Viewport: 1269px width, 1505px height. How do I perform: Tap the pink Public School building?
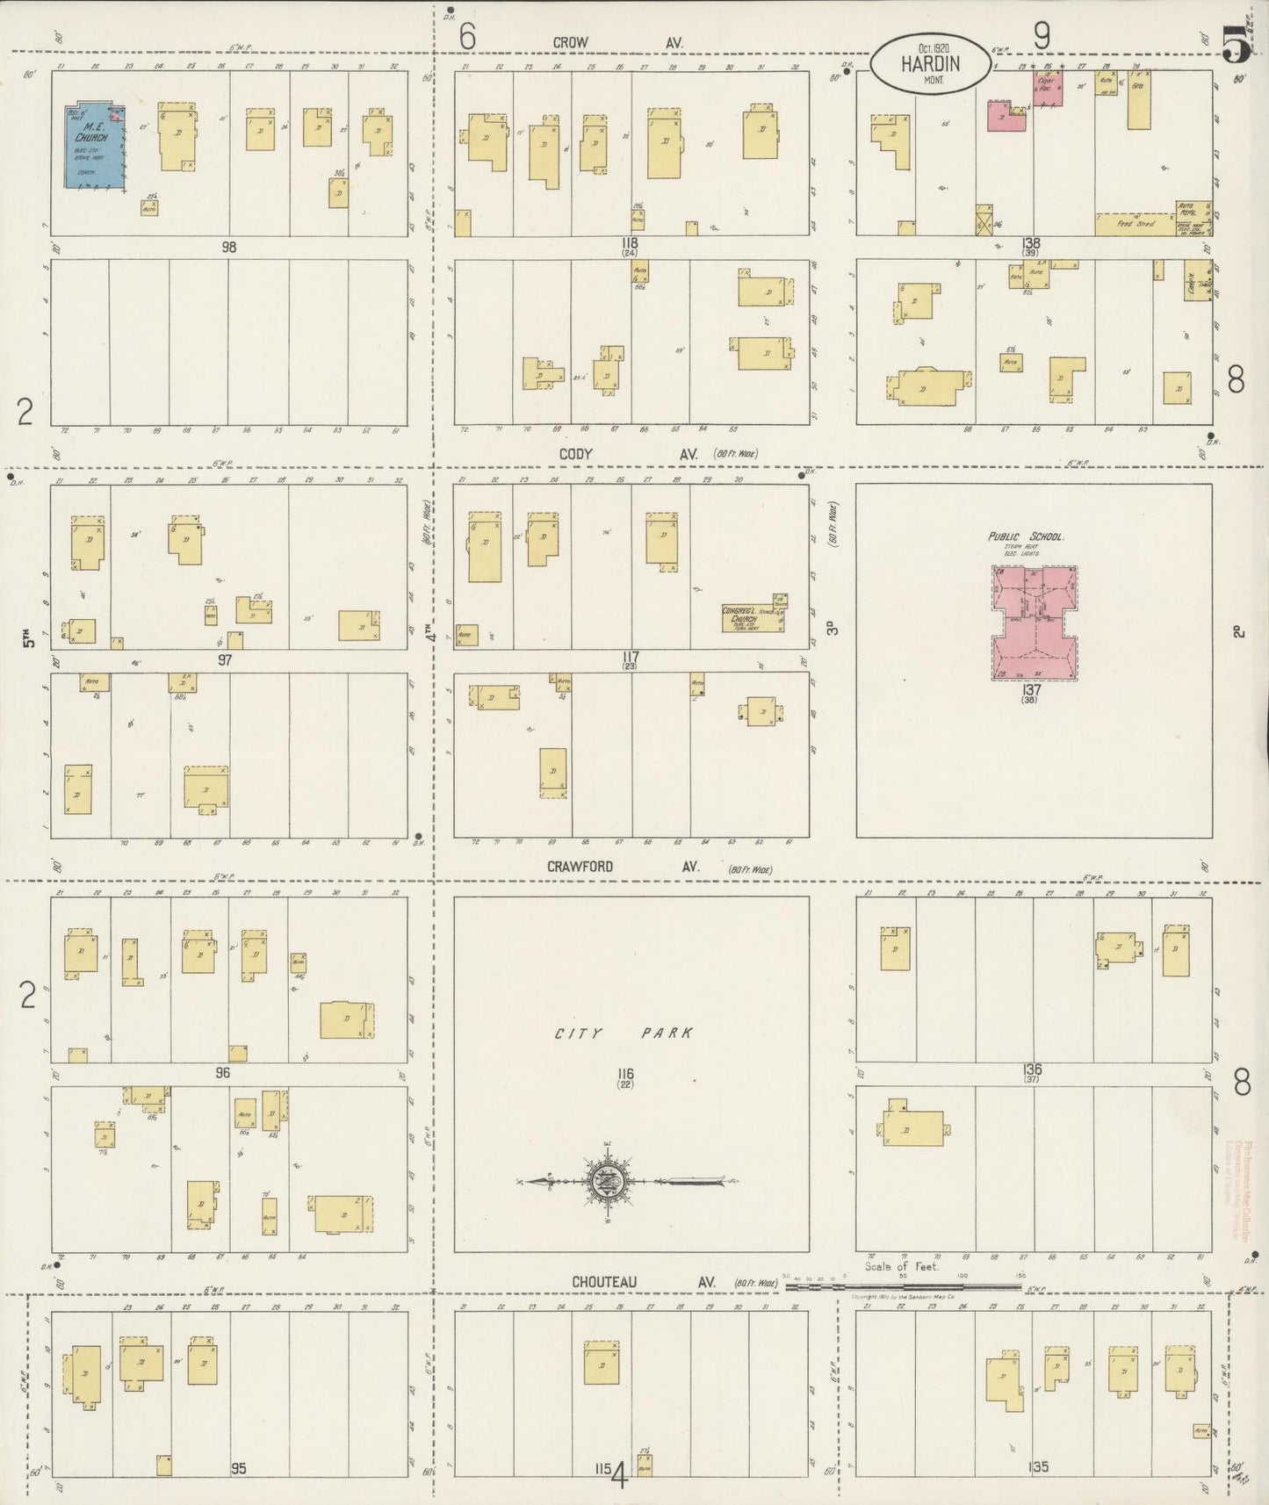click(1035, 623)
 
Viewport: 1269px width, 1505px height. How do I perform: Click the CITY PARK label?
click(624, 1033)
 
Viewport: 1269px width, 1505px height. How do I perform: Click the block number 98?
click(229, 248)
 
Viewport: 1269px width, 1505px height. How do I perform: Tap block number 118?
click(628, 243)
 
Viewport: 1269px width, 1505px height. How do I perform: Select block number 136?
click(1032, 1069)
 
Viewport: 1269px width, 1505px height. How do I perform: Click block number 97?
click(225, 659)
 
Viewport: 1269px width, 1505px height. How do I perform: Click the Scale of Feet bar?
click(905, 1285)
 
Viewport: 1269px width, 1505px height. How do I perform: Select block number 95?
click(239, 1467)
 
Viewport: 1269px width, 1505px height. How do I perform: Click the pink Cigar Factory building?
click(1046, 89)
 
